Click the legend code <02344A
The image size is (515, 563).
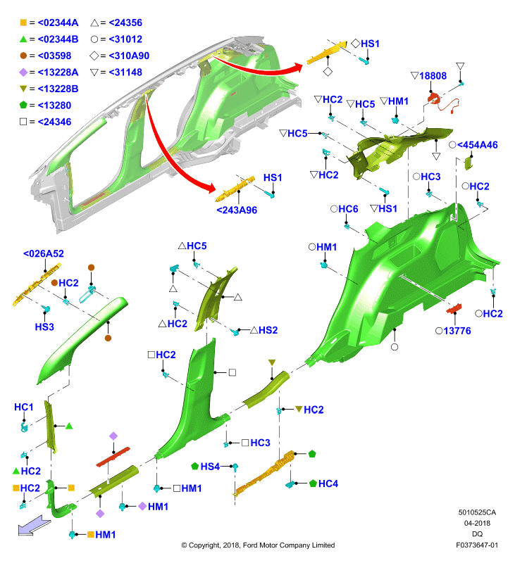[x=58, y=23]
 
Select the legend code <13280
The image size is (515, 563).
[x=54, y=105]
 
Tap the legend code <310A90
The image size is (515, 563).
[x=129, y=56]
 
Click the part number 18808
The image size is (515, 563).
[x=433, y=76]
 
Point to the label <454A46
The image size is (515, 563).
[x=477, y=145]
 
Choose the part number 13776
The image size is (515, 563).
[x=457, y=331]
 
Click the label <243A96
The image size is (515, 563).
[x=237, y=210]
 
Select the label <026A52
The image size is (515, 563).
[x=44, y=253]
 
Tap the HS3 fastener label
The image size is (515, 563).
[x=44, y=327]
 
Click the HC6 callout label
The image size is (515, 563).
[x=348, y=209]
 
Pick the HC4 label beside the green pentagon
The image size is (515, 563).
[x=328, y=483]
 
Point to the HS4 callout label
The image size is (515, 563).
[x=210, y=467]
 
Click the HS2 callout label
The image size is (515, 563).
[x=268, y=330]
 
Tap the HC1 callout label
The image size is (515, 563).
[x=24, y=407]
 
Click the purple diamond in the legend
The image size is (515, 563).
[x=23, y=72]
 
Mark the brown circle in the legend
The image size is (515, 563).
[x=23, y=56]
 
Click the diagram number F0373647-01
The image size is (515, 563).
[x=477, y=545]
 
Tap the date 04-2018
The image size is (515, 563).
[x=477, y=523]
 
